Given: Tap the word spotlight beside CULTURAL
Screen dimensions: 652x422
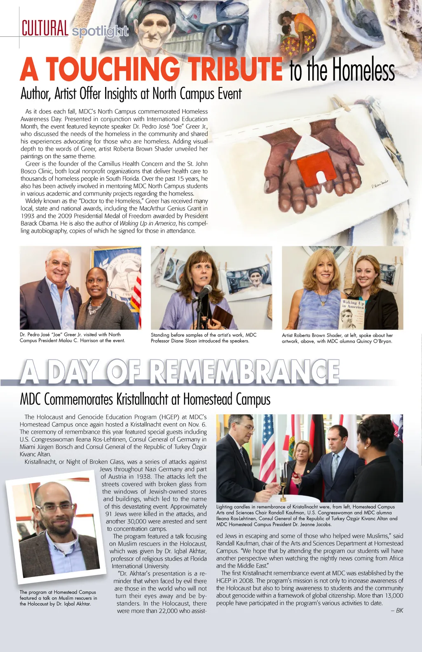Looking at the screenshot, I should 100,31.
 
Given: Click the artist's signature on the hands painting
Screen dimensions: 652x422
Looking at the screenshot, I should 379,184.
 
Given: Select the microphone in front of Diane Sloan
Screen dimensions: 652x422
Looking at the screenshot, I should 204,292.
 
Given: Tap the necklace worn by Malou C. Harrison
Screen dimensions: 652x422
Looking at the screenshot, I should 95,307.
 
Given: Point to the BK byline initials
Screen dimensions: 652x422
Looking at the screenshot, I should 399,610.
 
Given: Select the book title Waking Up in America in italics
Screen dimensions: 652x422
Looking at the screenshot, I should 148,223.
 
